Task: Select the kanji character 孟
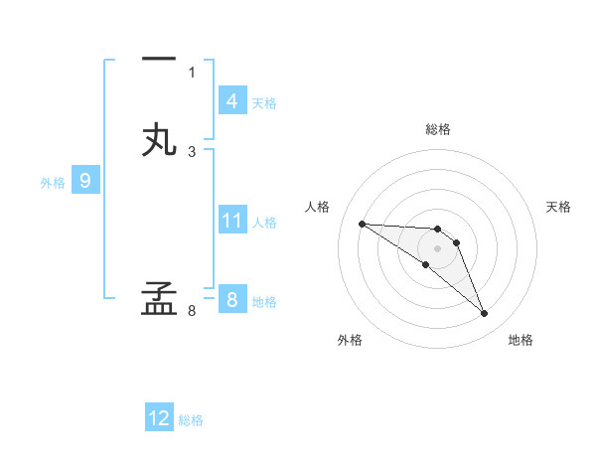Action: click(x=159, y=299)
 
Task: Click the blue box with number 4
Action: click(x=231, y=101)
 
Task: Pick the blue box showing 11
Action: click(x=231, y=222)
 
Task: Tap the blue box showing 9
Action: click(x=85, y=181)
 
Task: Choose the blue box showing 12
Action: click(x=159, y=418)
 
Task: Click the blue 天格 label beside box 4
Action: click(x=264, y=103)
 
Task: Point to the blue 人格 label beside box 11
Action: click(x=265, y=223)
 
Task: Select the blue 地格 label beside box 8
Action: click(x=264, y=302)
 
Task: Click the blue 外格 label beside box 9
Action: click(x=53, y=183)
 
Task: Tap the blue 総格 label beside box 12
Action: click(x=191, y=420)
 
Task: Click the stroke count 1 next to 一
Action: click(x=192, y=72)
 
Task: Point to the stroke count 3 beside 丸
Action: click(x=192, y=151)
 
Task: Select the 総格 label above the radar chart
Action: click(x=437, y=129)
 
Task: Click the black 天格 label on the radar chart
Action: click(x=559, y=207)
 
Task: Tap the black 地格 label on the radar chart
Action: click(x=521, y=341)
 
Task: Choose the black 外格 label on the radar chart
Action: click(x=350, y=341)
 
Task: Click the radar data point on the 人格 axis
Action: click(x=362, y=224)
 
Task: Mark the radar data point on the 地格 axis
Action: click(x=485, y=314)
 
